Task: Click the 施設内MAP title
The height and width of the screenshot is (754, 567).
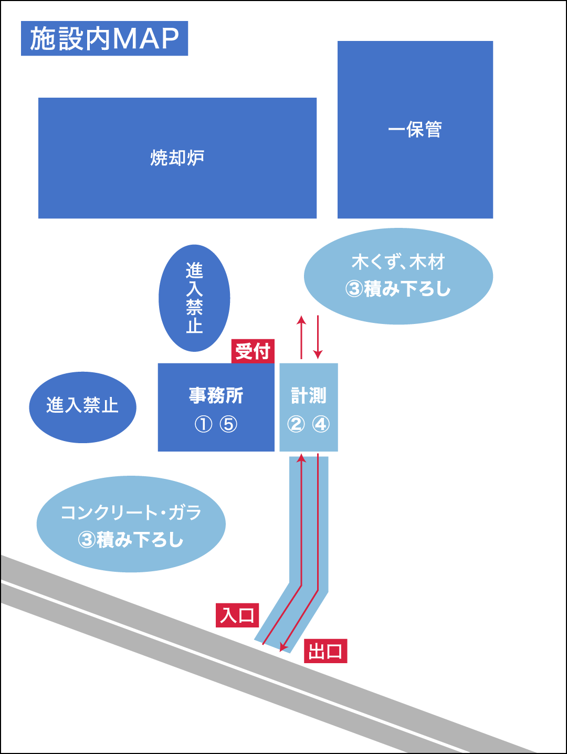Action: coord(104,38)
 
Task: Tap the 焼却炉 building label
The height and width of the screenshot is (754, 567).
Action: coord(177,158)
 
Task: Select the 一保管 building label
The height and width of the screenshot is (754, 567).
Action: coord(415,130)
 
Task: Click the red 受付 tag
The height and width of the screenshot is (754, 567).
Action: coord(253,351)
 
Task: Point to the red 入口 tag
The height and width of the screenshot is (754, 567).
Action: coord(237,615)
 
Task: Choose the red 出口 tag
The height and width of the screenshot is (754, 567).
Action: coord(325,651)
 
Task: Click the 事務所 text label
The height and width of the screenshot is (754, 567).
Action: coord(216,395)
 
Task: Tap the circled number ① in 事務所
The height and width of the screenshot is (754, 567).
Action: coord(203,424)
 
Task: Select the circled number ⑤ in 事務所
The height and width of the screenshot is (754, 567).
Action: coord(228,424)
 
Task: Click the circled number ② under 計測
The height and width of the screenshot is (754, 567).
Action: coord(296,424)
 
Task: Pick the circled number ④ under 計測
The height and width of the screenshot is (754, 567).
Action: coord(321,424)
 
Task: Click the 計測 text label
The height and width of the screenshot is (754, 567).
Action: coord(309,395)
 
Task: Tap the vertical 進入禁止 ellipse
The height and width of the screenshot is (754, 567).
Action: coord(194,298)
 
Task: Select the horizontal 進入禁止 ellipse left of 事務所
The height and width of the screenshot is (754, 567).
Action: coord(82,406)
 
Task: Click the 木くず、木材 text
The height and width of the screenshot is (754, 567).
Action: coord(398,261)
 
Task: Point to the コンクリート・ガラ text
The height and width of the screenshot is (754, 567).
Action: coord(131,512)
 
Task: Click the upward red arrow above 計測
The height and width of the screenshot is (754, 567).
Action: coord(301,336)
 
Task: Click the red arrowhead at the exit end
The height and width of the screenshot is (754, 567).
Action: coord(284,647)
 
